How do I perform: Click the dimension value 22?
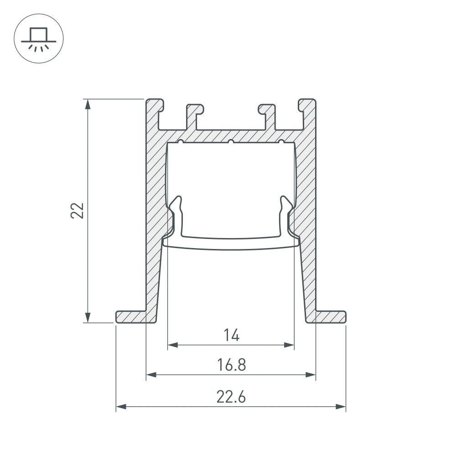tap(78, 210)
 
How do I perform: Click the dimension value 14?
tap(231, 336)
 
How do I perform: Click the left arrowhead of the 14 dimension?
tap(173, 345)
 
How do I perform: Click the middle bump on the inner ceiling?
tap(231, 142)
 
